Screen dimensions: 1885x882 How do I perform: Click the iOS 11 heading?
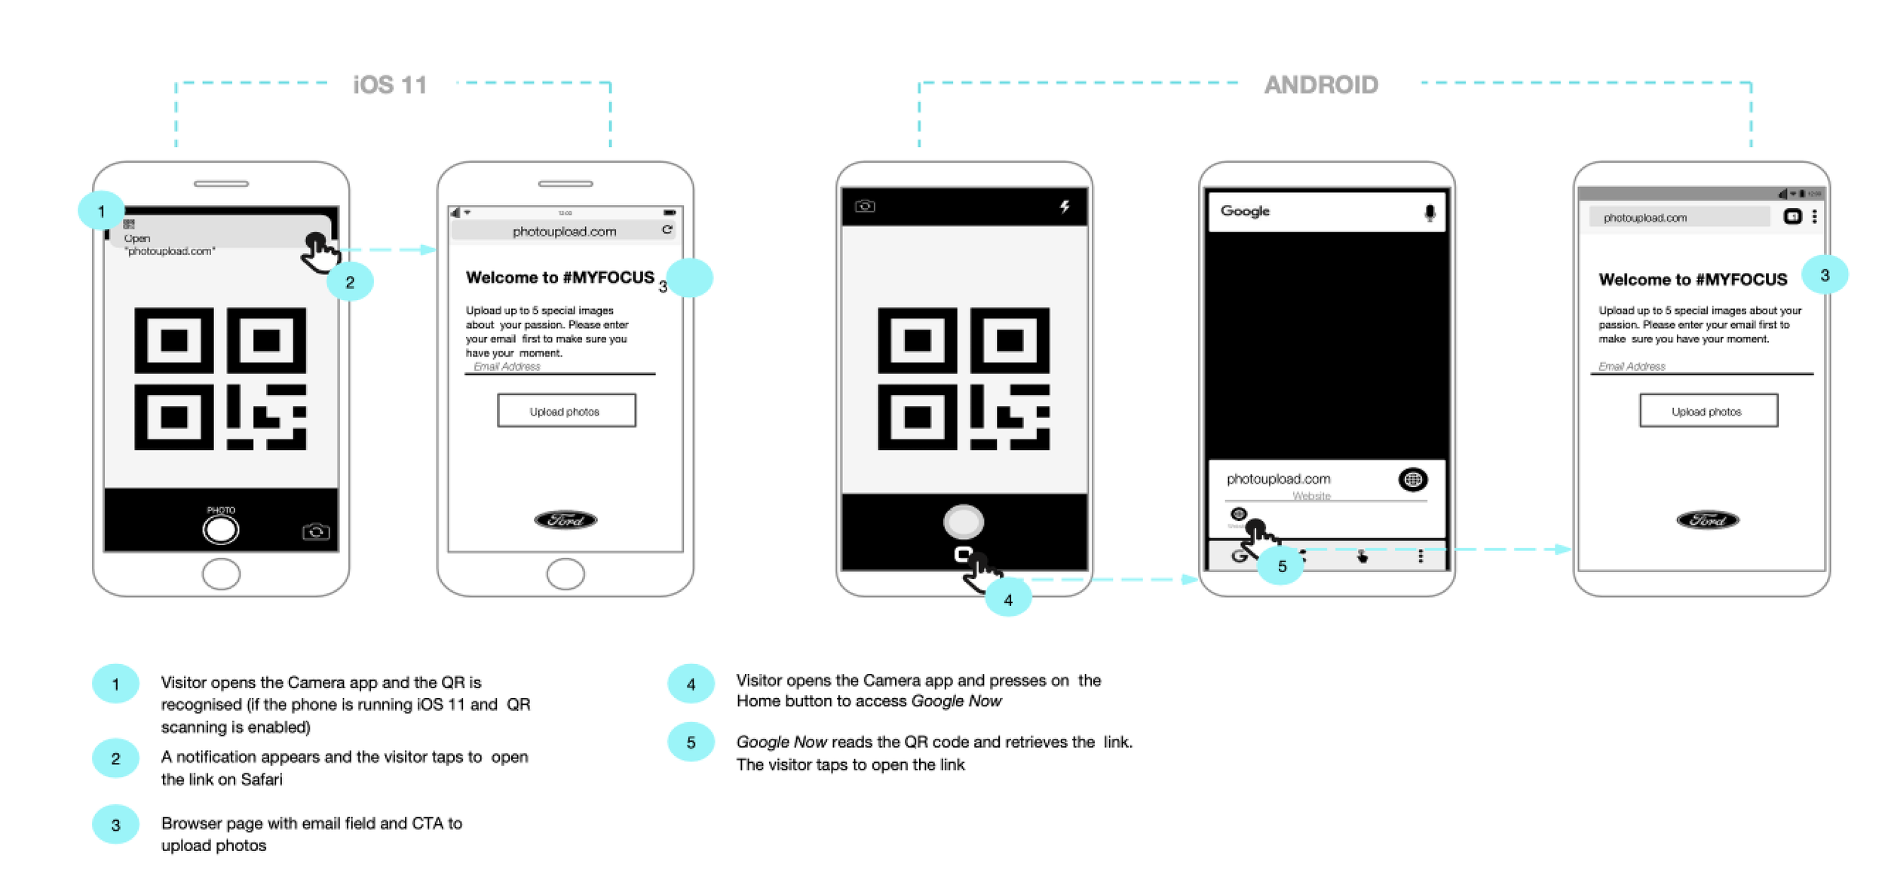(x=390, y=84)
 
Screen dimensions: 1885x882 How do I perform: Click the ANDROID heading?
(x=1321, y=84)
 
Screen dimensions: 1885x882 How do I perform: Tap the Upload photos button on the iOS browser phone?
(x=565, y=411)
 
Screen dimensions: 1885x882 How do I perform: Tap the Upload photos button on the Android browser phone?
(x=1708, y=411)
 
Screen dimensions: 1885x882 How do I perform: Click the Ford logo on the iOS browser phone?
(x=565, y=519)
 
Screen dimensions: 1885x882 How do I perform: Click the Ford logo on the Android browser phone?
(x=1707, y=519)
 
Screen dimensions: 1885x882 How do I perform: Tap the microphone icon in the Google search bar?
(x=1429, y=213)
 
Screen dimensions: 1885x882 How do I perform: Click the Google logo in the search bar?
(x=1245, y=211)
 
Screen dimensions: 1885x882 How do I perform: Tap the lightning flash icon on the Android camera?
(x=1064, y=206)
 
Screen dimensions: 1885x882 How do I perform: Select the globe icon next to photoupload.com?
(x=1412, y=479)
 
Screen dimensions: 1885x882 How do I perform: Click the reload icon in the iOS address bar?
(x=667, y=230)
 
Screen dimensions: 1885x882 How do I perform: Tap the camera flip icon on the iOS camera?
(x=315, y=531)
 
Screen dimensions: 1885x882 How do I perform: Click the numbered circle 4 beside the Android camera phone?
(x=1008, y=599)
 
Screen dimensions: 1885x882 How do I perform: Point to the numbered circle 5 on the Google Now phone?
(x=1282, y=565)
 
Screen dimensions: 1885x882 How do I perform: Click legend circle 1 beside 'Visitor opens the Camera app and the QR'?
(x=115, y=684)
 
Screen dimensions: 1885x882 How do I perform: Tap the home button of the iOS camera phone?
(x=221, y=574)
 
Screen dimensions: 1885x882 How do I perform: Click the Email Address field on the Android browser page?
(x=1700, y=366)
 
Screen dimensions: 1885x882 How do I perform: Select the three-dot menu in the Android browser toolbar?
(x=1814, y=217)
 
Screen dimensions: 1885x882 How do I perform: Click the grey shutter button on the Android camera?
(x=963, y=521)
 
